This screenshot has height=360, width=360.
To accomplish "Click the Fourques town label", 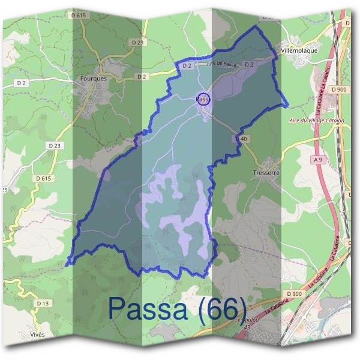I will (93, 78).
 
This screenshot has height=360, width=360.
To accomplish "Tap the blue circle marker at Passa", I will (203, 98).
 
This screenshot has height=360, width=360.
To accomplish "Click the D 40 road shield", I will (242, 139).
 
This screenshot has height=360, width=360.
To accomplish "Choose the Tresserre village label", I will (267, 170).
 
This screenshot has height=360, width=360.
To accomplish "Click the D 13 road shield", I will (41, 304).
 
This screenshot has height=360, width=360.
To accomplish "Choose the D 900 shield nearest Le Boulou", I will (295, 293).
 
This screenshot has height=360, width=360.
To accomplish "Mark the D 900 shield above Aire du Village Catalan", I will (338, 89).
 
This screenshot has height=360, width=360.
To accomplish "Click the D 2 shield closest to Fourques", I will (142, 77).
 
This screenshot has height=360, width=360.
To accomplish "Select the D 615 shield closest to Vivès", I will (43, 178).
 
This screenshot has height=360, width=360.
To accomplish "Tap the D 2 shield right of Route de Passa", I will (250, 64).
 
